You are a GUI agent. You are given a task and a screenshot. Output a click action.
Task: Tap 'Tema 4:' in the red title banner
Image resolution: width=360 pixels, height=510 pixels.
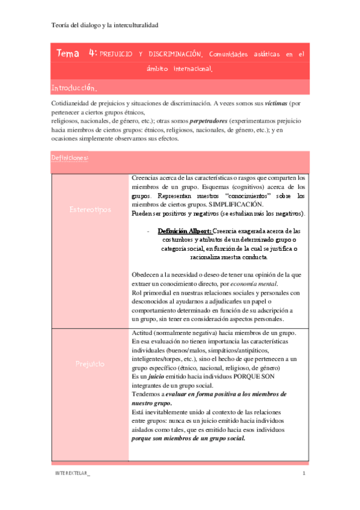coord(77,54)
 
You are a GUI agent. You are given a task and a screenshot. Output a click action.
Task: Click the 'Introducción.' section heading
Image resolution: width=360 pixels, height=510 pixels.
coord(72,88)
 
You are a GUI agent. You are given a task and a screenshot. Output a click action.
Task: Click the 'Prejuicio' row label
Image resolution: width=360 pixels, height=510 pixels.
coord(90,364)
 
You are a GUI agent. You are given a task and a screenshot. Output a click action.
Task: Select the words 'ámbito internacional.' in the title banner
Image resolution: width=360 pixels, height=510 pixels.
coord(180,70)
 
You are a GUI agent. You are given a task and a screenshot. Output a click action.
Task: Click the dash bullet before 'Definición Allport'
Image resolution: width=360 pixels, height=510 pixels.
coord(148,231)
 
